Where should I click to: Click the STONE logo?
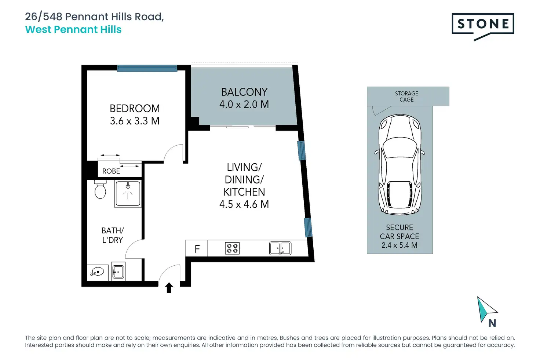(x=483, y=26)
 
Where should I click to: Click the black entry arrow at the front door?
(x=169, y=288)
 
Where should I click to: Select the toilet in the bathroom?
(x=100, y=189)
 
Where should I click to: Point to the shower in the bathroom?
(x=128, y=194)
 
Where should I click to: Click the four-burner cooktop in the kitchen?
(x=232, y=248)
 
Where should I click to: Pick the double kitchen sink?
(x=280, y=248)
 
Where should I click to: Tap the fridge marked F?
(x=197, y=248)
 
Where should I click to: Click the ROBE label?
(x=111, y=171)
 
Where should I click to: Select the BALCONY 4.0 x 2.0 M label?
(x=244, y=98)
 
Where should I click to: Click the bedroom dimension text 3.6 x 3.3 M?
(x=135, y=121)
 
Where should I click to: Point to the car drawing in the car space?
(x=400, y=164)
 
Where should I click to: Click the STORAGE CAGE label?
(x=406, y=97)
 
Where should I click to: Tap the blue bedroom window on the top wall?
(x=147, y=69)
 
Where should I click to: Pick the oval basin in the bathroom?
(x=97, y=272)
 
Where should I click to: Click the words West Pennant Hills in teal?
(x=73, y=29)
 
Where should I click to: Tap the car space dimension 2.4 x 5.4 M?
(x=399, y=245)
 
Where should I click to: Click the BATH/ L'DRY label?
(x=113, y=235)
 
